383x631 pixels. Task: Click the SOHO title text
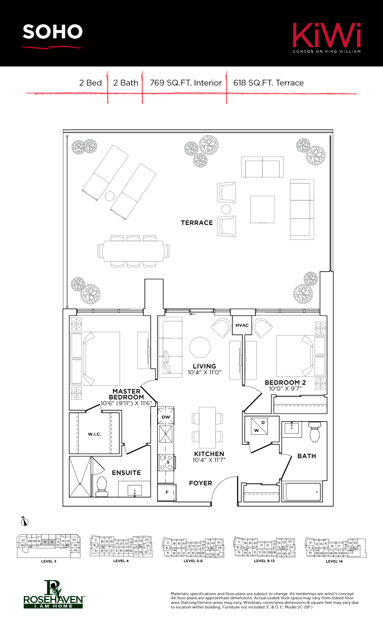pyautogui.click(x=53, y=32)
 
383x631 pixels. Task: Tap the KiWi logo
pyautogui.click(x=326, y=37)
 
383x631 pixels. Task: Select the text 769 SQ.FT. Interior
pyautogui.click(x=186, y=83)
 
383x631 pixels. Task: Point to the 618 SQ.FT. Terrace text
pyautogui.click(x=268, y=83)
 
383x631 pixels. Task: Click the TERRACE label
pyautogui.click(x=197, y=223)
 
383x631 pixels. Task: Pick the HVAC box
pyautogui.click(x=242, y=325)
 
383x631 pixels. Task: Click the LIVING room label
pyautogui.click(x=204, y=366)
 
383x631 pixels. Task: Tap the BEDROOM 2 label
pyautogui.click(x=285, y=383)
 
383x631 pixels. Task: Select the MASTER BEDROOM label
pyautogui.click(x=126, y=394)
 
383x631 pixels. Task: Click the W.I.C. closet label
pyautogui.click(x=94, y=434)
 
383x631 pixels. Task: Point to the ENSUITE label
pyautogui.click(x=126, y=473)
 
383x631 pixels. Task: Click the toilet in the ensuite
pyautogui.click(x=102, y=486)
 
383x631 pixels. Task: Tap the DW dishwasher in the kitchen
pyautogui.click(x=166, y=417)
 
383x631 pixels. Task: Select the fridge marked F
pyautogui.click(x=166, y=492)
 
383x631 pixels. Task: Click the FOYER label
pyautogui.click(x=200, y=483)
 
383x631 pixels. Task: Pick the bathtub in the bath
pyautogui.click(x=302, y=492)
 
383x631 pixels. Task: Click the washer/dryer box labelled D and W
pyautogui.click(x=260, y=426)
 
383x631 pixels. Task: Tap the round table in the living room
pyautogui.click(x=200, y=347)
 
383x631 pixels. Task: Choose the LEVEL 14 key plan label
pyautogui.click(x=334, y=561)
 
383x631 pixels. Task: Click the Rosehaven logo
pyautogui.click(x=53, y=595)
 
